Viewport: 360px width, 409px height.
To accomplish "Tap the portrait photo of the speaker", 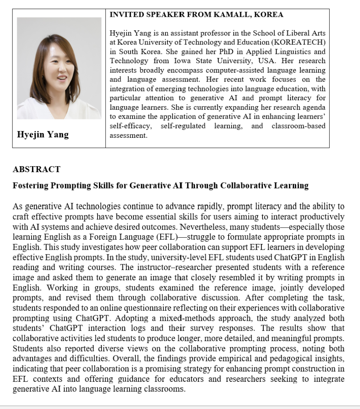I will pos(59,68).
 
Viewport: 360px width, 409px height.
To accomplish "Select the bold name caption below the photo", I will pos(43,135).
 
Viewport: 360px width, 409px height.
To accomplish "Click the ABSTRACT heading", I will pos(36,169).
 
